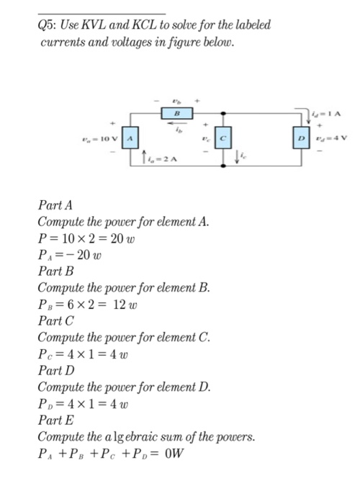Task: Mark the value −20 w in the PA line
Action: click(89, 255)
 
